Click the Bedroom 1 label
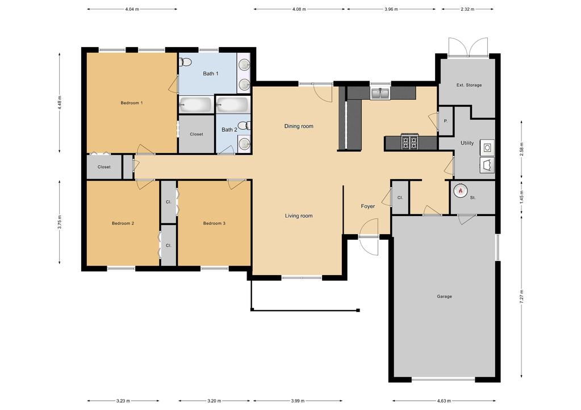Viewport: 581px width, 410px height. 132,103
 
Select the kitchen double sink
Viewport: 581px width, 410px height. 380,94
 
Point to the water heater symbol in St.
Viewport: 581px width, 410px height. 461,191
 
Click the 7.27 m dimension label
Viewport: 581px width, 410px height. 522,297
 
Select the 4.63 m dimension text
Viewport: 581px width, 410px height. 444,401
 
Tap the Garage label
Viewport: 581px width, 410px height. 444,297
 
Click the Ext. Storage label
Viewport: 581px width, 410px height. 469,85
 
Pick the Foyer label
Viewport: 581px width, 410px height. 368,206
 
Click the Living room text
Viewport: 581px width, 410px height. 299,215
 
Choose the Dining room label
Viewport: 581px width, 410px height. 299,126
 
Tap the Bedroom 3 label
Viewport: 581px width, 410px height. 214,223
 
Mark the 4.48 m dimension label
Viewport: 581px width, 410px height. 60,103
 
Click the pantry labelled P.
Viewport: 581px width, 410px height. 446,121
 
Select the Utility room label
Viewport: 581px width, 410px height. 467,143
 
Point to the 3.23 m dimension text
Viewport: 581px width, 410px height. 123,401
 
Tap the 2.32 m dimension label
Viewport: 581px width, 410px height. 467,9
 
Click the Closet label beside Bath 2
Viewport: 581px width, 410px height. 197,134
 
